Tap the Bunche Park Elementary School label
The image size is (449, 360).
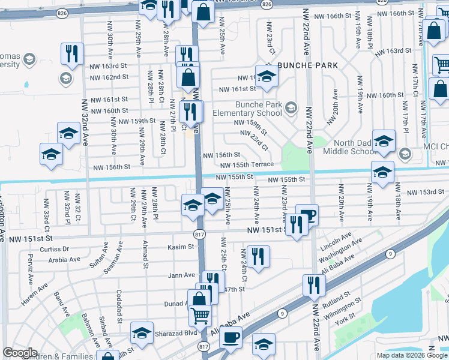pos(250,109)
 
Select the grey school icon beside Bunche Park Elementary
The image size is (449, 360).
pos(291,108)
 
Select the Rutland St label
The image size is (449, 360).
pos(335,299)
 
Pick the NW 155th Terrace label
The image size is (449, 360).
pos(247,164)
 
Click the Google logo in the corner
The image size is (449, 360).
pos(20,353)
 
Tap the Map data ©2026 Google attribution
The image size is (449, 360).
pos(412,355)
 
